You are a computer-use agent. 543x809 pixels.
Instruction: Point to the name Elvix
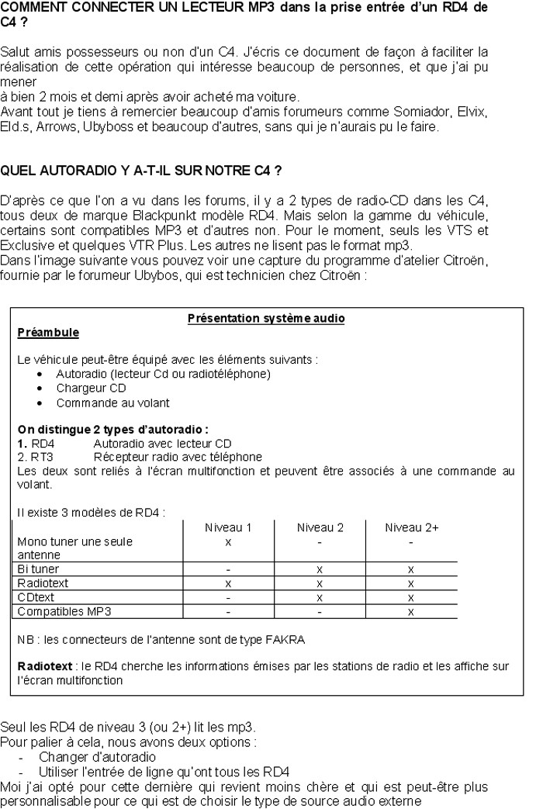[x=472, y=112]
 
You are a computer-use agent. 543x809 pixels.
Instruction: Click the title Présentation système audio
[x=266, y=319]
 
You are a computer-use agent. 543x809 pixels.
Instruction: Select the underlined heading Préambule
[x=48, y=332]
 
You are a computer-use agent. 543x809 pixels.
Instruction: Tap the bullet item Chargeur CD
[x=91, y=388]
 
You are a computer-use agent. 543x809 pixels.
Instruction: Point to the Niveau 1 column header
[x=228, y=527]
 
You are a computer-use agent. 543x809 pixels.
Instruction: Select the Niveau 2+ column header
[x=411, y=527]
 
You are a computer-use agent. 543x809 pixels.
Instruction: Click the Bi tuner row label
[x=38, y=569]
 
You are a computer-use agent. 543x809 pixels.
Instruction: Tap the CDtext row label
[x=36, y=597]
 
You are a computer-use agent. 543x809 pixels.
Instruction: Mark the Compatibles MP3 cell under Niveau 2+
[x=411, y=611]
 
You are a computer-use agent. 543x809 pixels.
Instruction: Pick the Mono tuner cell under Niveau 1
[x=228, y=541]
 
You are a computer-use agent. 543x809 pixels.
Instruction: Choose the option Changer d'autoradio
[x=97, y=756]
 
